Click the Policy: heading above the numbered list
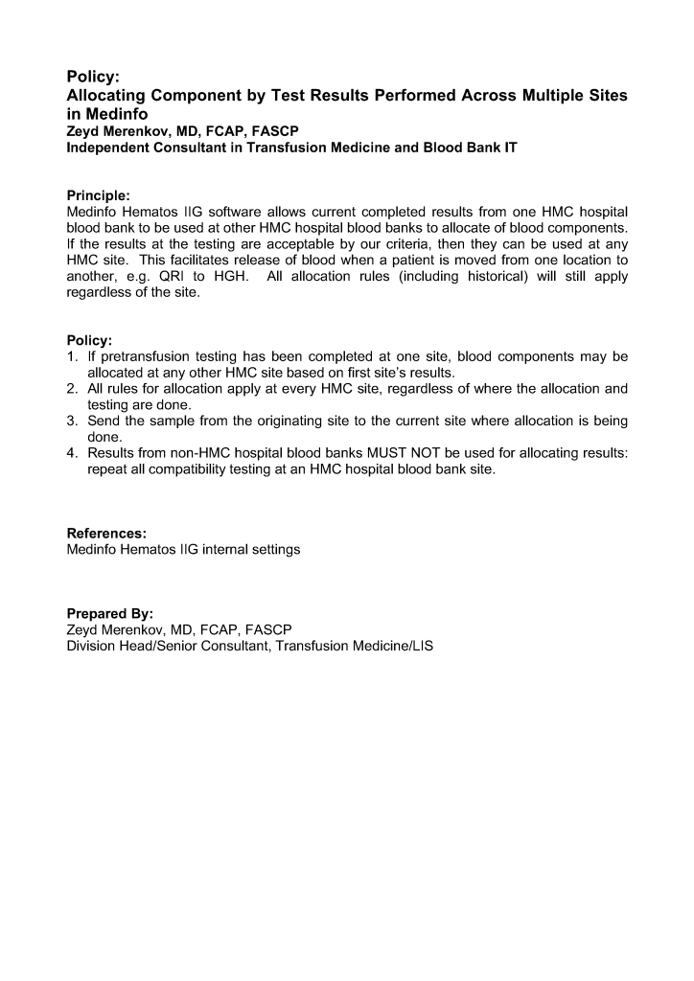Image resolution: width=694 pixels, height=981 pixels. point(89,340)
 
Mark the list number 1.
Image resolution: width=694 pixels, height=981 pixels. point(72,356)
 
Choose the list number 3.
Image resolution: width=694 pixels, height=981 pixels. point(72,422)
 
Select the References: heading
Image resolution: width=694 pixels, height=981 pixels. point(106,533)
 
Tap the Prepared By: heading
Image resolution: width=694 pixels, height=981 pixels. point(109,613)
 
